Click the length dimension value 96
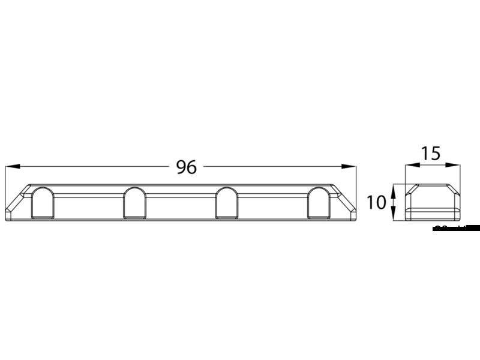point(187,167)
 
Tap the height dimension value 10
point(376,203)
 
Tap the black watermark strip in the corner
point(456,227)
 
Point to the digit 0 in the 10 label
point(380,203)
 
